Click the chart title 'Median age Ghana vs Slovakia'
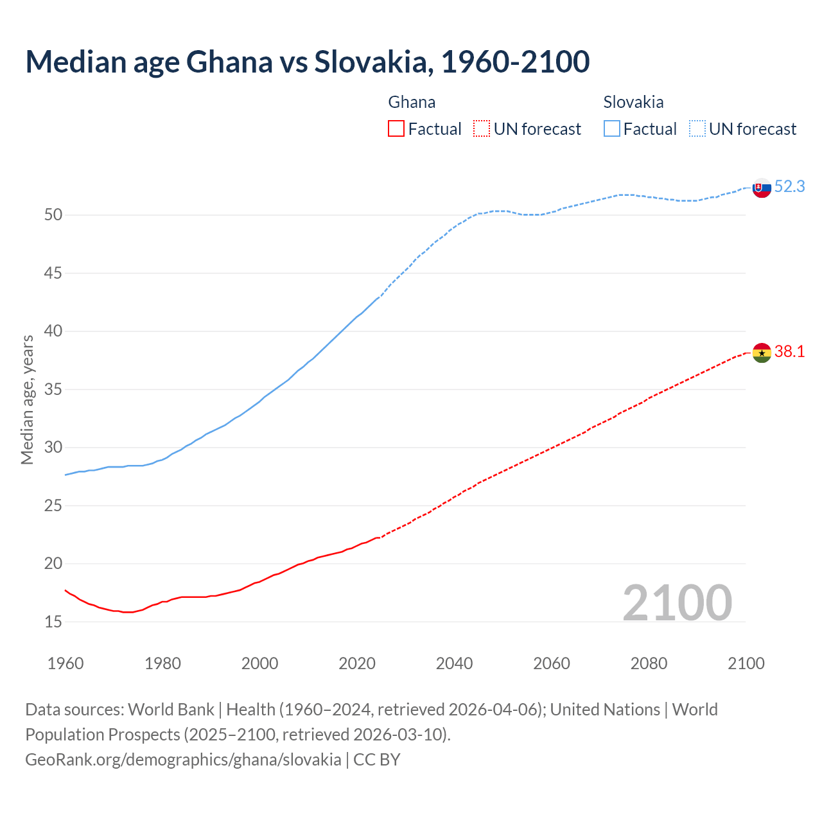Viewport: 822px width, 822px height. point(307,62)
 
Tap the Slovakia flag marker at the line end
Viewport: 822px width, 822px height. point(762,188)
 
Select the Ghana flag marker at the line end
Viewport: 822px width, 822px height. point(762,353)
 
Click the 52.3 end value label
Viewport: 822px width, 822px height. point(789,187)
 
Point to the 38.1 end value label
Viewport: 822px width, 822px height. point(789,352)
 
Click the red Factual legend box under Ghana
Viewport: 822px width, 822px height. point(396,129)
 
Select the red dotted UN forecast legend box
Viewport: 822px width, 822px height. point(482,129)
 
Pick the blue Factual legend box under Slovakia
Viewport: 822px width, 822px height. point(612,129)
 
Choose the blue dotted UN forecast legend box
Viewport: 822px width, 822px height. point(697,129)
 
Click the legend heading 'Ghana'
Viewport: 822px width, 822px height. point(412,102)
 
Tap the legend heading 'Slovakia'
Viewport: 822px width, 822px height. point(633,102)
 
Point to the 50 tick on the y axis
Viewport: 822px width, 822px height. point(53,215)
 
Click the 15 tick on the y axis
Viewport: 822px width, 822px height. point(53,622)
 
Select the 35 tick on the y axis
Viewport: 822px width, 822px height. point(53,390)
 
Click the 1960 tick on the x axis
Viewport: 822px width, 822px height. point(66,663)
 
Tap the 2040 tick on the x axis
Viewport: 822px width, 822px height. point(454,663)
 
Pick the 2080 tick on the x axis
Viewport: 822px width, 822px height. point(649,663)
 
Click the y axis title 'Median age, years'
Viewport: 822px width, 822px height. point(27,399)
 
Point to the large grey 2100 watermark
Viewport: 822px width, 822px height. point(677,602)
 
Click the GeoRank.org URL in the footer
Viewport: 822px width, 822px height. point(183,760)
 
